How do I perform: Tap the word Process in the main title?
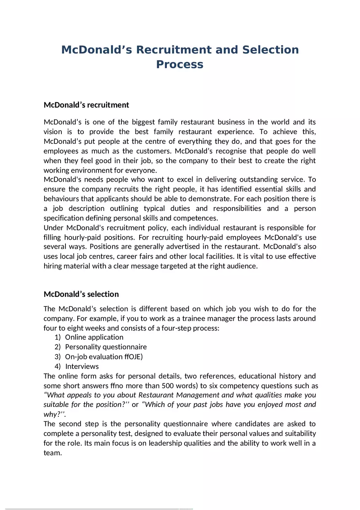[180, 65]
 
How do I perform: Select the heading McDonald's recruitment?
[86, 105]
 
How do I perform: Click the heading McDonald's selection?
[81, 294]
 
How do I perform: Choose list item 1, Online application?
[94, 337]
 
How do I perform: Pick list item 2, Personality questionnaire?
[106, 347]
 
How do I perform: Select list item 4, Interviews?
[82, 366]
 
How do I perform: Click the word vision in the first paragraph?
[53, 132]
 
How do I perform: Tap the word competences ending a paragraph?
[196, 218]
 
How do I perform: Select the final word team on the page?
[52, 453]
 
